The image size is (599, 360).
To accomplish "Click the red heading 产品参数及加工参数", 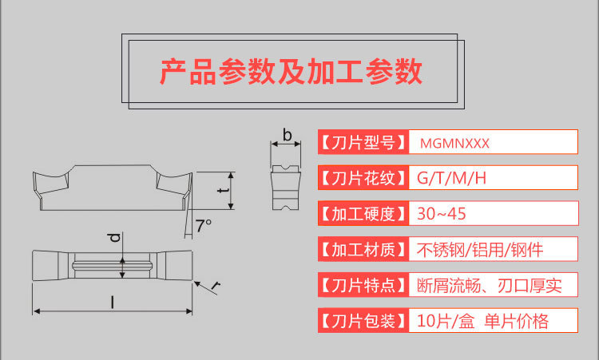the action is tap(291, 72).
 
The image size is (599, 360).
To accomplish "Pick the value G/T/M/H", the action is tap(451, 176).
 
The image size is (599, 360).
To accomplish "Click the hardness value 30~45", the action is tap(442, 213).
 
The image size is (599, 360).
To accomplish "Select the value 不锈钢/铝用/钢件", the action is tap(480, 249).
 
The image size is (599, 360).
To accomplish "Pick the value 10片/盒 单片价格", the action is tap(482, 321).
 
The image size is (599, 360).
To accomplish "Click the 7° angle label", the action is tap(204, 226).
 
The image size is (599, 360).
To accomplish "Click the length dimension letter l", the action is tap(113, 303).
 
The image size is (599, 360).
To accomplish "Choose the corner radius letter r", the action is tap(217, 284).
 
